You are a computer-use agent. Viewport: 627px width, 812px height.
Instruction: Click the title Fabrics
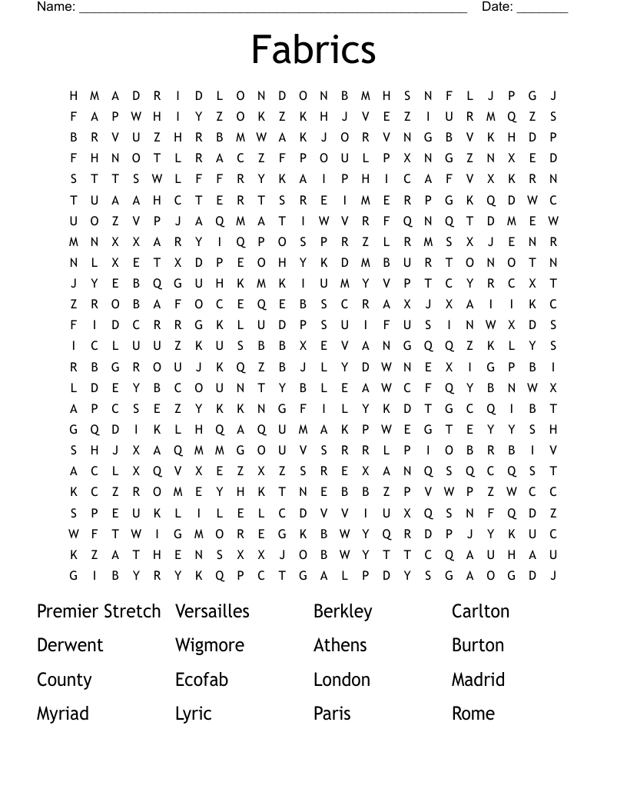tap(313, 49)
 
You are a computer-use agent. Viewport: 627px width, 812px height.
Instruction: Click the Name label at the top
tap(56, 7)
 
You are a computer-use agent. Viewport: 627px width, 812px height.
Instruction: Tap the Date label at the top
tap(497, 7)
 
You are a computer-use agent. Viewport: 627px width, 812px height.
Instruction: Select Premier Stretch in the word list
tap(99, 611)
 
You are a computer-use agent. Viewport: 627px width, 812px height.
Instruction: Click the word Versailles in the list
tap(212, 611)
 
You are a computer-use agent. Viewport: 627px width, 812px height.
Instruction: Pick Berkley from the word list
tap(343, 611)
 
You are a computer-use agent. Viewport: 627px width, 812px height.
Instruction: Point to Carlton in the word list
tap(480, 611)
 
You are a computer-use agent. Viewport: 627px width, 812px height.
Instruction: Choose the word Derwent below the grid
tap(70, 645)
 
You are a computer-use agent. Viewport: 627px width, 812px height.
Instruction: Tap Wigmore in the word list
tap(210, 645)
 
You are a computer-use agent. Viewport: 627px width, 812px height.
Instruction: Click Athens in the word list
tap(340, 645)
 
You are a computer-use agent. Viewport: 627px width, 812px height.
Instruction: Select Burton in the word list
tap(478, 645)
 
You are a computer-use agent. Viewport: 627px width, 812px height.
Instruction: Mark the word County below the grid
tap(65, 680)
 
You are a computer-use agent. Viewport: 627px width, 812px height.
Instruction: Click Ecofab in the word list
tap(201, 680)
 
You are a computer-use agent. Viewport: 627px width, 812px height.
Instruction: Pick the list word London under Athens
tap(342, 680)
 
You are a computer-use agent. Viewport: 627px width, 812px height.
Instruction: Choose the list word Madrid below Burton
tap(478, 680)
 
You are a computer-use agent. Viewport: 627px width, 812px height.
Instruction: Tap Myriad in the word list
tap(63, 714)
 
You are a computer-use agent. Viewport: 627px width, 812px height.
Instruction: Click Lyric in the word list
tap(193, 714)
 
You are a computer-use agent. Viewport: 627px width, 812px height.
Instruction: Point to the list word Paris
tap(332, 714)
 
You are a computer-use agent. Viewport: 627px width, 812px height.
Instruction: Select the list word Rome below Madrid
tap(473, 714)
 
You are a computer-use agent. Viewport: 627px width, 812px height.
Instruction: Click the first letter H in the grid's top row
tap(74, 96)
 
